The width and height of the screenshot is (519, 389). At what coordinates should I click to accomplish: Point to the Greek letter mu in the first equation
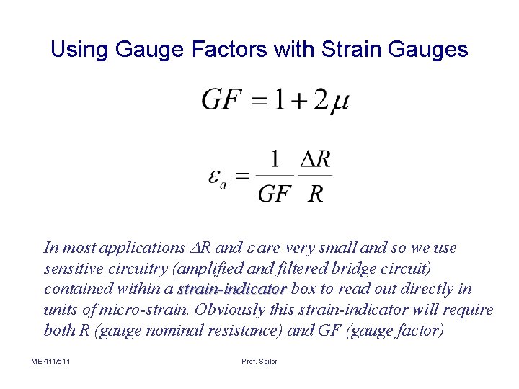pyautogui.click(x=340, y=102)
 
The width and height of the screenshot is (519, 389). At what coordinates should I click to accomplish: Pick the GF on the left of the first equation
pyautogui.click(x=221, y=99)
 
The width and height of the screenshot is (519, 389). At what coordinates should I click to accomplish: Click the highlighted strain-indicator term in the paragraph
pyautogui.click(x=232, y=289)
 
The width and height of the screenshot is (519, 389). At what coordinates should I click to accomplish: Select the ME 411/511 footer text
pyautogui.click(x=51, y=361)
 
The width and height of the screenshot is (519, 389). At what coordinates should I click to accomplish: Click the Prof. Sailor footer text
pyautogui.click(x=259, y=361)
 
